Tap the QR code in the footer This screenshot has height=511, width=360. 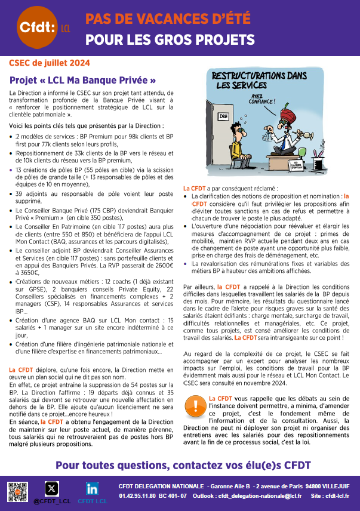(18, 492)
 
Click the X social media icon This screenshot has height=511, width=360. (53, 488)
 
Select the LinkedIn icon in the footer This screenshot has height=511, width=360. (92, 488)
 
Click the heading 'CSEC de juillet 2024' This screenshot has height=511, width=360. (50, 63)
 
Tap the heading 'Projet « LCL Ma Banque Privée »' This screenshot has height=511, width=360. (83, 80)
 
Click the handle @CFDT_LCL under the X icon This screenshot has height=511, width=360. (52, 501)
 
